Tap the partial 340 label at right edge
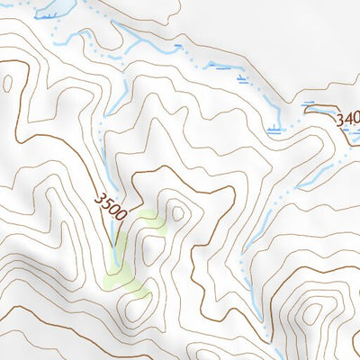347,119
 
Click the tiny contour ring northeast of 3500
177,213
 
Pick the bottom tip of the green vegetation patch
139,292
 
